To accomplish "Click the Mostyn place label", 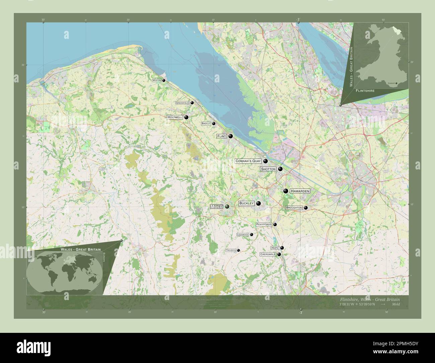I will tap(157, 80).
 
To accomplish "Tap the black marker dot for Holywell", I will tap(186, 117).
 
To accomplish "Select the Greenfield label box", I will tap(182, 103).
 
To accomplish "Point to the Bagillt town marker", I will tap(213, 124).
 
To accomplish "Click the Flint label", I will tap(222, 136).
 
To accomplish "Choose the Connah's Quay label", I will tap(248, 161).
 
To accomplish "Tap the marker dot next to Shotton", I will tap(280, 169).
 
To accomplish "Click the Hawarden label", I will tap(300, 191).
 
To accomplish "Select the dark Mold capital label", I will tap(216, 207).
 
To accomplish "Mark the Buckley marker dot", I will tap(258, 203).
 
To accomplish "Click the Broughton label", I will tap(294, 208).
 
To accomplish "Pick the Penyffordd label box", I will tap(264, 224).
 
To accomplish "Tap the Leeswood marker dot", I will tap(251, 235).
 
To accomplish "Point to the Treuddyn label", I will tap(231, 250).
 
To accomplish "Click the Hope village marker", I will tap(282, 248).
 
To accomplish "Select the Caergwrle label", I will tap(268, 254).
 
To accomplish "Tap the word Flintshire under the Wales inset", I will tap(365, 91).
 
